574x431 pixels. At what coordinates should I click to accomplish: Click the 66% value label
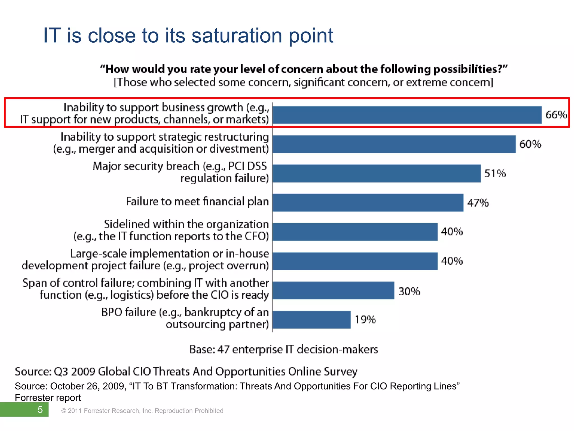tap(556, 115)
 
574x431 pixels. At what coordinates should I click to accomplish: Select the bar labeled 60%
tap(394, 144)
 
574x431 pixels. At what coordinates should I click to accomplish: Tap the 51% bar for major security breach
tap(376, 173)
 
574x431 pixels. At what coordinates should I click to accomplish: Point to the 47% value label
tap(478, 203)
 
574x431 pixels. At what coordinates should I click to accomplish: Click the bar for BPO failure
tap(311, 320)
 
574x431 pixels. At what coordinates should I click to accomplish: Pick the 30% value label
tap(409, 291)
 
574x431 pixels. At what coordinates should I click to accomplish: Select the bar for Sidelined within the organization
tap(355, 232)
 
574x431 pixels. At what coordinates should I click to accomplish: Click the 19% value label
tap(365, 320)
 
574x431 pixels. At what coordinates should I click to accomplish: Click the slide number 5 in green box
tap(40, 410)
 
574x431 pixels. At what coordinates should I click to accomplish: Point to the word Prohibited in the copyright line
tap(209, 411)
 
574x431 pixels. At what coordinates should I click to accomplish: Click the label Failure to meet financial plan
tap(197, 201)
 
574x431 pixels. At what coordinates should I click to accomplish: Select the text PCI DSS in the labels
tap(247, 166)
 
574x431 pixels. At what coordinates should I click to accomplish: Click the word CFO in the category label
tap(255, 236)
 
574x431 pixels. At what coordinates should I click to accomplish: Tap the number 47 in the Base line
tap(223, 350)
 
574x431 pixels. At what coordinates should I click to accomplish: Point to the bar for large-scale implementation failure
tap(355, 261)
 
